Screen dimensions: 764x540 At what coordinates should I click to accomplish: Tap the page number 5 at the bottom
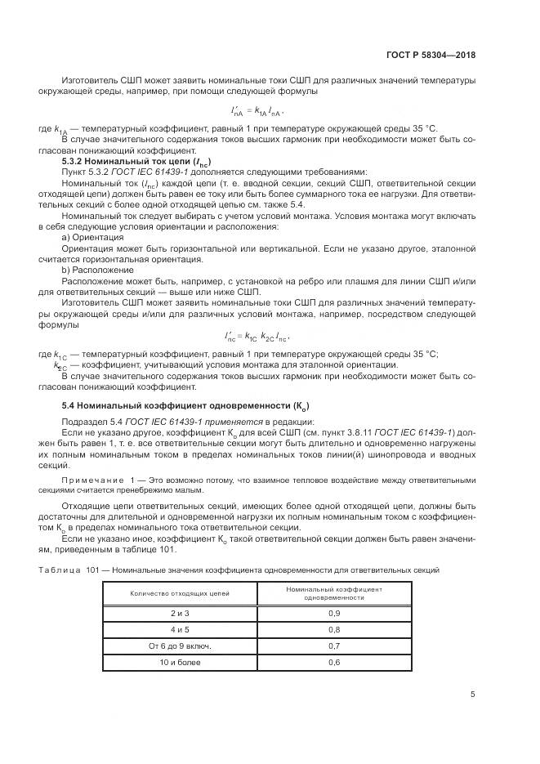pos(473,695)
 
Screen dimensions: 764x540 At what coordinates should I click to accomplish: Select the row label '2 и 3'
pos(180,612)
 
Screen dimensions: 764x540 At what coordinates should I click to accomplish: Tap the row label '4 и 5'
pos(180,629)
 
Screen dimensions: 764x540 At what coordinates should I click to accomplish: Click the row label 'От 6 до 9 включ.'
pos(180,646)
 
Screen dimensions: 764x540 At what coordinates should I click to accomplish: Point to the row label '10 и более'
pos(180,662)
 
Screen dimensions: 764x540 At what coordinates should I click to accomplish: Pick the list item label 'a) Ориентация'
pos(93,236)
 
